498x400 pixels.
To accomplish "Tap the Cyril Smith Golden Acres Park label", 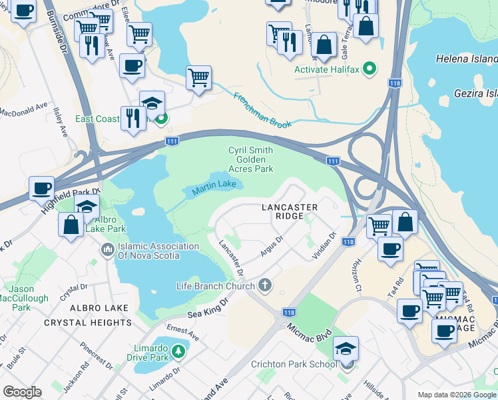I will point(251,159).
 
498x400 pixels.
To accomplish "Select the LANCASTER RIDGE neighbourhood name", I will point(290,212).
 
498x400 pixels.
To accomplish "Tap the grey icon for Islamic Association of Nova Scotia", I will point(107,251).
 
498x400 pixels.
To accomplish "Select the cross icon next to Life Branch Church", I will point(265,286).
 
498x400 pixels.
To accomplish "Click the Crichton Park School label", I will point(294,364).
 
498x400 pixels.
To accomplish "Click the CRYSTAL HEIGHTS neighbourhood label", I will point(88,323).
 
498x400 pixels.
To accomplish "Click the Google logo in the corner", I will point(22,392).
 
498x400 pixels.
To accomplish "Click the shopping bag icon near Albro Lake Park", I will point(71,225).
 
